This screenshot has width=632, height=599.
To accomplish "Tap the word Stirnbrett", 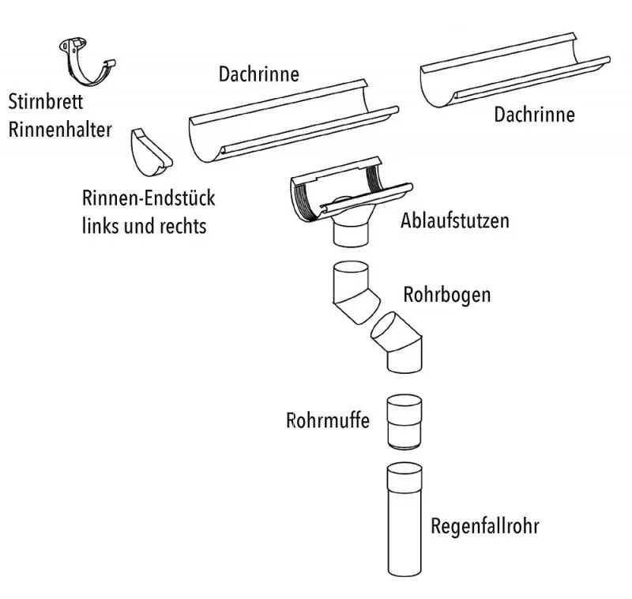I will coord(46,102).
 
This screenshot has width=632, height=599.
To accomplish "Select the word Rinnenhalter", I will coord(60,129).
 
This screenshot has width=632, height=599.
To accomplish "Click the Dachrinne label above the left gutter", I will coord(259,75).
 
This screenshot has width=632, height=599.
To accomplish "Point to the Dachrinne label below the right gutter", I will coord(535,115).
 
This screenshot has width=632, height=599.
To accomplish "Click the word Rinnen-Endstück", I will coord(149,198).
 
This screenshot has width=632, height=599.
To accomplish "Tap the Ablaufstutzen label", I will coord(455,220).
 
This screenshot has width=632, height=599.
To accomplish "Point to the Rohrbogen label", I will coord(447,295).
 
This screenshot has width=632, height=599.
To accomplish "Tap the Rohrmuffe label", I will coord(328,420).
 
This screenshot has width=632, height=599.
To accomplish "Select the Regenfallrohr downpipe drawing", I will coord(405,522).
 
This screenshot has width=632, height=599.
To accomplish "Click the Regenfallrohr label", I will coord(485,526).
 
